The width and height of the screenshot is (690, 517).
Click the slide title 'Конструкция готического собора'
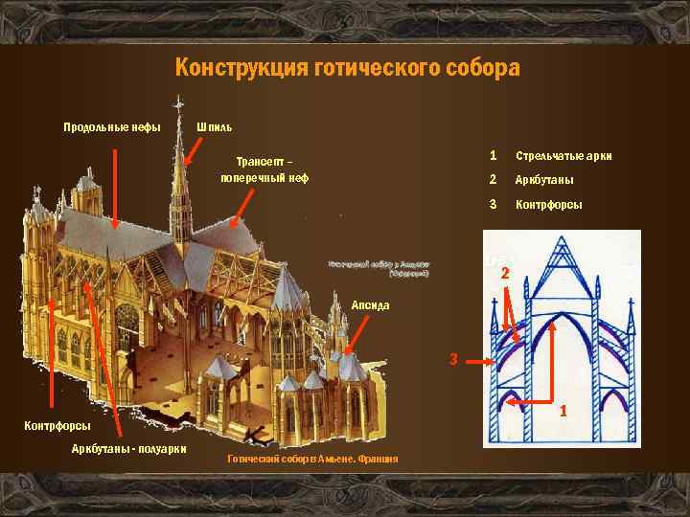click(347, 68)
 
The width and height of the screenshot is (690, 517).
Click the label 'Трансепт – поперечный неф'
click(264, 169)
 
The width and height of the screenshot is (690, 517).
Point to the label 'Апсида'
click(370, 304)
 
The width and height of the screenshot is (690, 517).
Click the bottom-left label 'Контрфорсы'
click(57, 425)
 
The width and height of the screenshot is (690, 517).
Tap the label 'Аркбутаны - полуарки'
click(129, 450)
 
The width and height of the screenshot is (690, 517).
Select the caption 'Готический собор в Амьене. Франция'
click(311, 461)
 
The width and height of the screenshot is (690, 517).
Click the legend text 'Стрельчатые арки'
click(563, 156)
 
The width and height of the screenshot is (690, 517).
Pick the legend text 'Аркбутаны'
click(545, 181)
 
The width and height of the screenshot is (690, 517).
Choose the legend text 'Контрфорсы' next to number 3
click(548, 205)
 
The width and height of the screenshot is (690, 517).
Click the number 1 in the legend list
click(493, 155)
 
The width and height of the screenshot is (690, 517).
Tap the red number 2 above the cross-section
click(505, 276)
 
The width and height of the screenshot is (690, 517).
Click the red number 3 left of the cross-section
click(455, 360)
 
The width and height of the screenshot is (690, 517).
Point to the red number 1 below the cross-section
click(564, 411)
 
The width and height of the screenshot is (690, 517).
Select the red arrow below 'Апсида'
click(355, 337)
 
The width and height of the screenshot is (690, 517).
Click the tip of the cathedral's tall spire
click(178, 97)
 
